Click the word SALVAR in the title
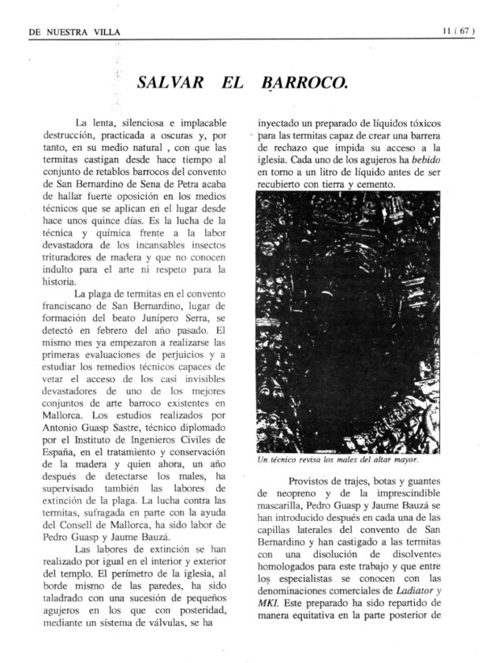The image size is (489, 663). (x=170, y=83)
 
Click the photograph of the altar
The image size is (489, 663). (x=348, y=322)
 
